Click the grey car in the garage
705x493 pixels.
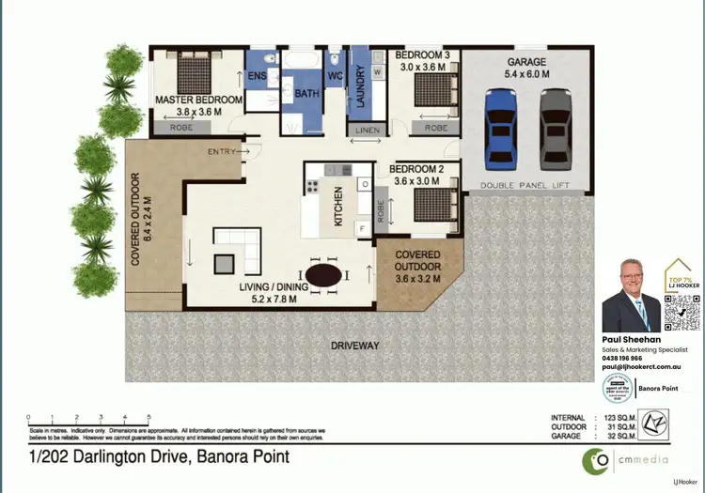pos(556,129)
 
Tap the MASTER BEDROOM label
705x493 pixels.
pos(198,100)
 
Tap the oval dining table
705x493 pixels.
pos(325,275)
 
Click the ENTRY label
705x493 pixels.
pos(222,150)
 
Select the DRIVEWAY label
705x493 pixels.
pos(355,346)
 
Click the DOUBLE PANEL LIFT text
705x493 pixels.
pos(527,186)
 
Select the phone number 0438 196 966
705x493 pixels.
pos(622,358)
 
